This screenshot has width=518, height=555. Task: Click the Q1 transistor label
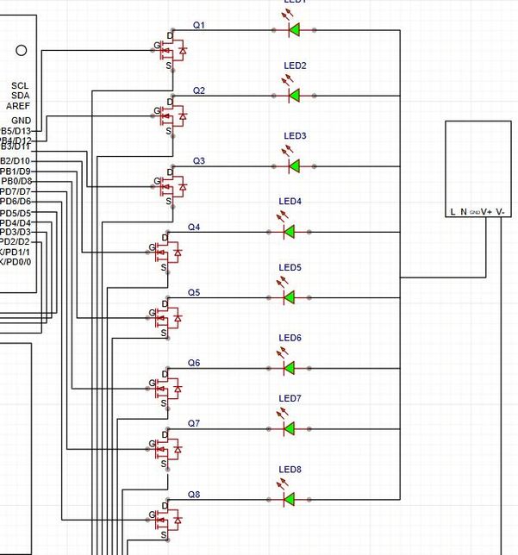[198, 25]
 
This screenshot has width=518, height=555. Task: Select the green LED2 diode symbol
[294, 94]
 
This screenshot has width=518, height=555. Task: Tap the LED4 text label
[290, 202]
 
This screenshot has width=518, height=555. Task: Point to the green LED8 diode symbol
[290, 499]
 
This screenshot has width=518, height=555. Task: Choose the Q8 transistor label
[194, 495]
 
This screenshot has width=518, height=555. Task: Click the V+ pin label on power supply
[488, 211]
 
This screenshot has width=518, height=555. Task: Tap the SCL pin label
[20, 85]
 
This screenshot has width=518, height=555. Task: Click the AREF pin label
[18, 105]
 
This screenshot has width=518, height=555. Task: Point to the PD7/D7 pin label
[15, 191]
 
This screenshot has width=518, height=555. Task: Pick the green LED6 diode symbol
[290, 367]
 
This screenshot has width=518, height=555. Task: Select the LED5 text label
[290, 267]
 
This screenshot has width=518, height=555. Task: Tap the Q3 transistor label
[198, 161]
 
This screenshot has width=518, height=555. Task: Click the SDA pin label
[20, 95]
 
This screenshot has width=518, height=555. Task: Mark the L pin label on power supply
[451, 211]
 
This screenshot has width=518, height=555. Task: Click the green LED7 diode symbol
[290, 427]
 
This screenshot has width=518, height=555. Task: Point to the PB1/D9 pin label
[16, 171]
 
